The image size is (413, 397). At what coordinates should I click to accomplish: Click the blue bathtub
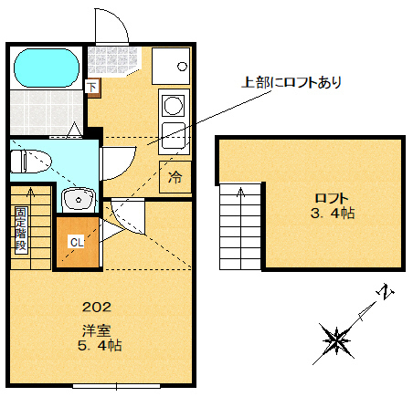coord(47,67)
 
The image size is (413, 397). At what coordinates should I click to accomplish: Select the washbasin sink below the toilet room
coord(79,198)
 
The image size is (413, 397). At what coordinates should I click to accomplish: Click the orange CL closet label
coord(77,242)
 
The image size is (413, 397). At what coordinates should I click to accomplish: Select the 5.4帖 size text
coord(99,347)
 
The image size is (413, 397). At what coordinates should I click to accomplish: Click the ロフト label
coord(332,198)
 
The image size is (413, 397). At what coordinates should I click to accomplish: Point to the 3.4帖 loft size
coord(332,214)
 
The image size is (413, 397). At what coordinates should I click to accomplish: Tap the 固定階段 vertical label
coord(20,229)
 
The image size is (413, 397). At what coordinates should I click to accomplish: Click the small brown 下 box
coord(91,88)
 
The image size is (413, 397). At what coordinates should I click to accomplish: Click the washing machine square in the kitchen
coord(169,64)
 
